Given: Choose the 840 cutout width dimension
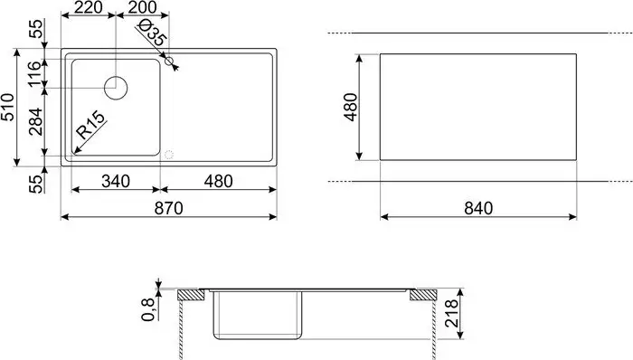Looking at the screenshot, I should pyautogui.click(x=477, y=208).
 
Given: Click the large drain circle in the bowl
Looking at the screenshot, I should pyautogui.click(x=117, y=88).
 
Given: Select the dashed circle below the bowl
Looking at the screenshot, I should pyautogui.click(x=165, y=154).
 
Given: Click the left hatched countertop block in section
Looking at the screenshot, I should pyautogui.click(x=192, y=295).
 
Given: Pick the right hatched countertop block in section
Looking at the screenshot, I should pyautogui.click(x=422, y=295).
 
